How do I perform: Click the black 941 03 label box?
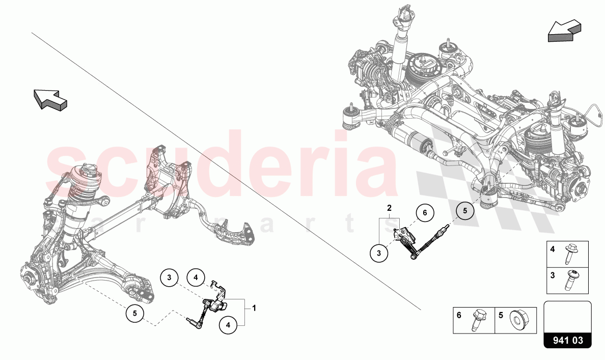(x=568, y=340)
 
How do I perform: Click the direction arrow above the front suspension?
(x=50, y=99)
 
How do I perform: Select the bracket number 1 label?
(x=254, y=308)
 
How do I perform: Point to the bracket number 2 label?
(x=389, y=208)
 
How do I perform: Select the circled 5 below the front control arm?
(x=135, y=314)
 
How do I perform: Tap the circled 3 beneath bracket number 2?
(x=379, y=252)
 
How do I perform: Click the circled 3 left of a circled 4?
(x=169, y=278)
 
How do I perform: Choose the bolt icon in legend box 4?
(x=568, y=255)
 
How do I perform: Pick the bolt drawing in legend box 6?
(x=479, y=320)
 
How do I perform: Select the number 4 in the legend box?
(x=552, y=250)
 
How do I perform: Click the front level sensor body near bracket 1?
(x=219, y=304)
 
